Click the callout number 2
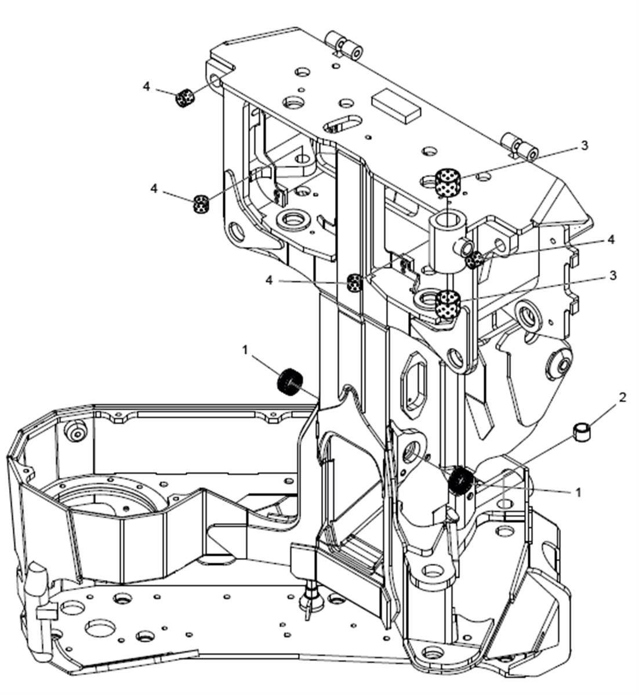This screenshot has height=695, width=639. [622, 397]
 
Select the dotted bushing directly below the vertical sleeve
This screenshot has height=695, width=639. [448, 303]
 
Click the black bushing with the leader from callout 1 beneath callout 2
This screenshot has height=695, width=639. [460, 482]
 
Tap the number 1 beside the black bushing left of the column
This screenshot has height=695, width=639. [245, 350]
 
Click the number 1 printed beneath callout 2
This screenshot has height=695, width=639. [578, 492]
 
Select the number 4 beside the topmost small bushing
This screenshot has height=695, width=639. [146, 86]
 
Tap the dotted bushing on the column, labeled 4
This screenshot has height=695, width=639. [354, 283]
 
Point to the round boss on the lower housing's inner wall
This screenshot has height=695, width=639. [76, 431]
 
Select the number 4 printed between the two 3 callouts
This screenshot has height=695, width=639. [611, 240]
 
